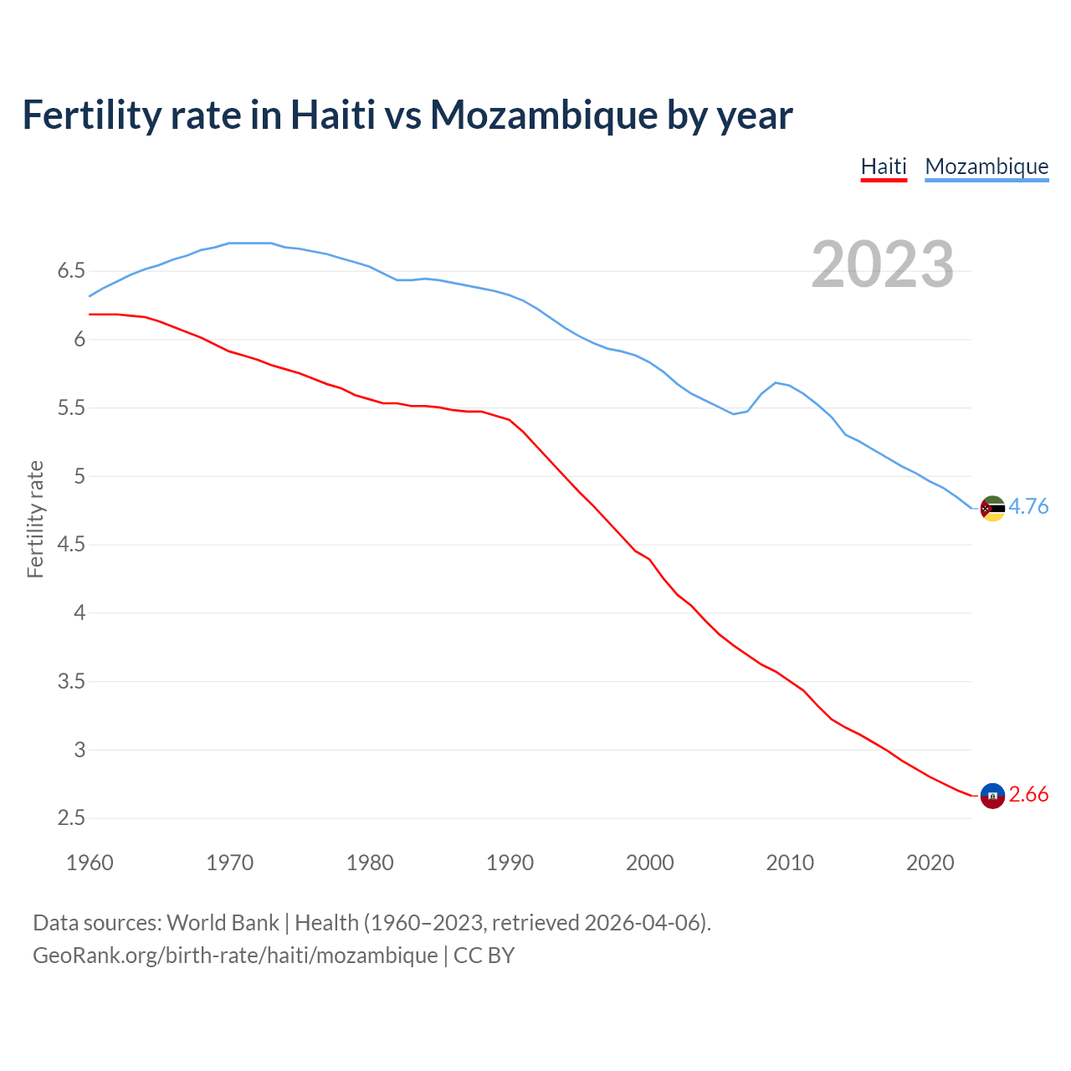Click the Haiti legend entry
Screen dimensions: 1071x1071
(x=884, y=167)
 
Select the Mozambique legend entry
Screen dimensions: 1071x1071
(x=986, y=167)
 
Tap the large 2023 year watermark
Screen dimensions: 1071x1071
(x=883, y=264)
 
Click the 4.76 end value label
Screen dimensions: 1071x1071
(x=1028, y=506)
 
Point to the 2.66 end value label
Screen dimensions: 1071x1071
(x=1028, y=794)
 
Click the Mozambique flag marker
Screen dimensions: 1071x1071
(x=992, y=508)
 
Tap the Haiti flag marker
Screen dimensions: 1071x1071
(x=992, y=796)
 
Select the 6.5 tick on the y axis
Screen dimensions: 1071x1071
(x=71, y=271)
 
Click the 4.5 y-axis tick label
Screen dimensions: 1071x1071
(x=71, y=545)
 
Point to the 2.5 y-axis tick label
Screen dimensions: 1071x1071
(x=71, y=818)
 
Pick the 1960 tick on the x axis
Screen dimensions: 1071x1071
(x=90, y=863)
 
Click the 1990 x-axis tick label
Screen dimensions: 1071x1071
(x=510, y=863)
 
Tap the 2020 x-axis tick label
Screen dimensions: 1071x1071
(x=930, y=863)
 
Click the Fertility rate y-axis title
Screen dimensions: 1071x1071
(x=35, y=519)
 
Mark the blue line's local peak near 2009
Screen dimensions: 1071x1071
(x=776, y=382)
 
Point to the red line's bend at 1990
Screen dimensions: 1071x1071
(x=510, y=419)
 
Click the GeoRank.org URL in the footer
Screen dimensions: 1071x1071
(x=235, y=955)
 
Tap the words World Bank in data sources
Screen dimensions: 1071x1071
(x=223, y=922)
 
